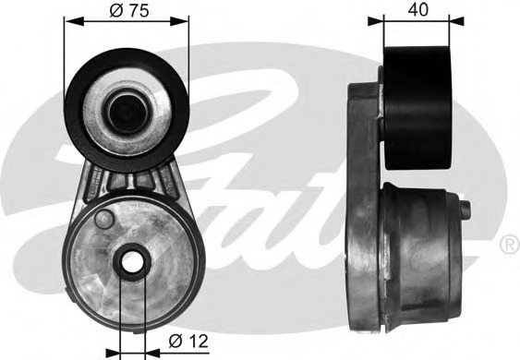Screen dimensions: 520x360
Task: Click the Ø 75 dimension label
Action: click(129, 10)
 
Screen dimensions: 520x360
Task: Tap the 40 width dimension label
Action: click(417, 9)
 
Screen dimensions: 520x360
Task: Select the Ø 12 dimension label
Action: click(188, 341)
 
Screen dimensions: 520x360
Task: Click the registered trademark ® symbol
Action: click(510, 245)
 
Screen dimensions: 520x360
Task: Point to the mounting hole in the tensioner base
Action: click(132, 261)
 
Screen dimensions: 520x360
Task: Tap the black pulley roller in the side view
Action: click(417, 108)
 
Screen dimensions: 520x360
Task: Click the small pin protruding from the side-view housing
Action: click(466, 211)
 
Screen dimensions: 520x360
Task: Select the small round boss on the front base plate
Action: click(103, 219)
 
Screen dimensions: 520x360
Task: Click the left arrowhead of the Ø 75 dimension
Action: click(74, 21)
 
